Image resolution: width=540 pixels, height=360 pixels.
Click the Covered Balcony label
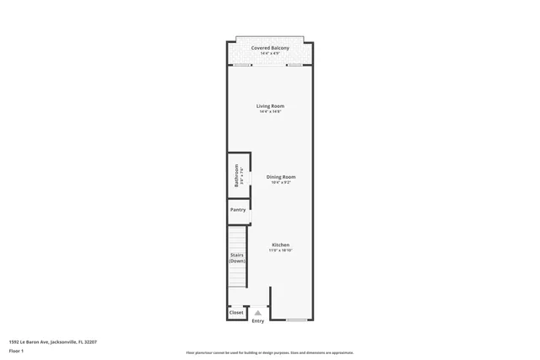coord(270,48)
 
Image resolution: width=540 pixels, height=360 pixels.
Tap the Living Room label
coord(270,106)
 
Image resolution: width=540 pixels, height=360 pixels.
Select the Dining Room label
coord(281,176)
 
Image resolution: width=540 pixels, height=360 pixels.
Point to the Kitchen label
coord(280,244)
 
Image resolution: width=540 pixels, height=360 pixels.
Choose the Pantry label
coord(238,209)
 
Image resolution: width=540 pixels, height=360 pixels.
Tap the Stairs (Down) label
coord(237,257)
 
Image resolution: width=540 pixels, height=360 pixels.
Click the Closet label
coord(236,313)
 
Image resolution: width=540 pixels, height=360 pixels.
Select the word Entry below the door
coord(257,320)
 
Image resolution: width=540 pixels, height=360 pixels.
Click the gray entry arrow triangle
coord(257,313)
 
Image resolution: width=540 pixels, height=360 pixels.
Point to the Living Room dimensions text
coord(270,112)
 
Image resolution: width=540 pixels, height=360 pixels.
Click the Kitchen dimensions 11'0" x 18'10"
coord(280,250)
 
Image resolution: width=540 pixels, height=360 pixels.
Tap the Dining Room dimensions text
coord(281,182)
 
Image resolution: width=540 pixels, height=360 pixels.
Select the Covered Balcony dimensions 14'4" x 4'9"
coord(270,54)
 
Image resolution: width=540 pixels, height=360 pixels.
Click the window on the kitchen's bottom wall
coord(296,320)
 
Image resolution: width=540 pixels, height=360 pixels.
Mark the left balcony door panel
coord(242,64)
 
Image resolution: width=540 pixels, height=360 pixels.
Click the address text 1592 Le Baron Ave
coord(52,341)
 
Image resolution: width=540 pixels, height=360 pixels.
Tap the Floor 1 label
coord(16,350)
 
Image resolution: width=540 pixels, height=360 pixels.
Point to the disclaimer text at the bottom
coord(269,352)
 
